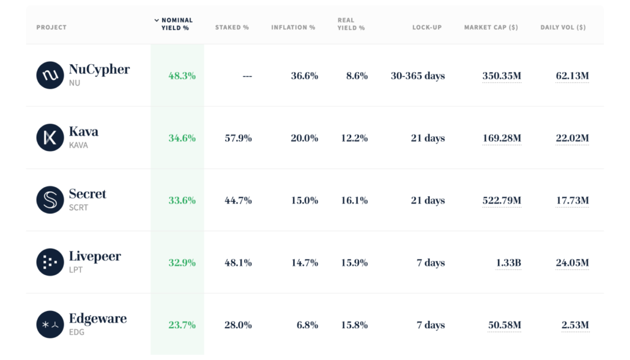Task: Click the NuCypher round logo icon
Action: coord(50,76)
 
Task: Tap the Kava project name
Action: coord(83,131)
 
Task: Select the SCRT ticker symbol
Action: coord(79,208)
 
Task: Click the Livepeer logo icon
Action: coord(50,262)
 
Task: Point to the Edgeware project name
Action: coord(98,319)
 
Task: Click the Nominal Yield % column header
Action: coord(177,24)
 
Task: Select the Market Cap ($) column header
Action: coord(491,28)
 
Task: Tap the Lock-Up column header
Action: coord(427,28)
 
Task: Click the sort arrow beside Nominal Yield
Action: coord(157,20)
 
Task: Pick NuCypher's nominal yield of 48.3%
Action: coord(182,76)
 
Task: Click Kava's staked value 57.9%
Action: coord(238,139)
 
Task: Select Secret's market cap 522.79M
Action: coord(502,200)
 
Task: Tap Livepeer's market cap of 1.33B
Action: coord(508,263)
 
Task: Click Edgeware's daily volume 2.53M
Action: coord(575,325)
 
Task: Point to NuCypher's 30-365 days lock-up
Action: coord(418,76)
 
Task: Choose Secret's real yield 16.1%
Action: coord(354,200)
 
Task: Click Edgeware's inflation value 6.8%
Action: coord(307,325)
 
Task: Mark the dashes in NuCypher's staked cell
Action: coord(247,76)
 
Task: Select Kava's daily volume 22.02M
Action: coord(572,139)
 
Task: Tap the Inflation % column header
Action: coord(293,28)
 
